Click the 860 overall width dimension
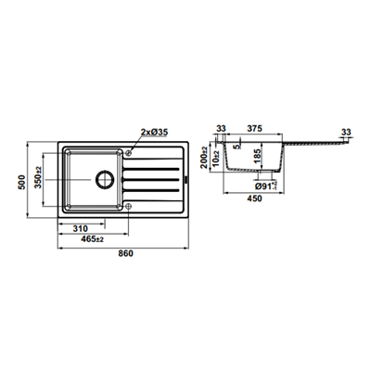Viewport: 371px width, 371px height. click(125, 253)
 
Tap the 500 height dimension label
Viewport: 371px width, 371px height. click(21, 182)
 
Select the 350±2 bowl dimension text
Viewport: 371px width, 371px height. click(38, 177)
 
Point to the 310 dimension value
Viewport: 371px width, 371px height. click(81, 229)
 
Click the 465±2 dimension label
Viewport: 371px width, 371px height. click(92, 239)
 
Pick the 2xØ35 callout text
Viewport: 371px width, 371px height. click(154, 133)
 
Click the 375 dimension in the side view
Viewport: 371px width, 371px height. click(255, 128)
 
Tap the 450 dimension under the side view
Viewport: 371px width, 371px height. click(255, 198)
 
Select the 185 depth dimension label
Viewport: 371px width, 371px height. click(257, 157)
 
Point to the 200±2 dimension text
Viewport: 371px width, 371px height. click(204, 158)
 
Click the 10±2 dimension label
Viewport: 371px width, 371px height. click(216, 159)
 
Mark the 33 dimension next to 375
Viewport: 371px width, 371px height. click(221, 128)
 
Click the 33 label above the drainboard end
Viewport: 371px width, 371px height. click(346, 133)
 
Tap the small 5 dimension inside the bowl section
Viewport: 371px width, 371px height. click(237, 147)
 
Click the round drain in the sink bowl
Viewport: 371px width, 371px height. click(105, 179)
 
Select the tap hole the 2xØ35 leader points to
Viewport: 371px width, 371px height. click(129, 152)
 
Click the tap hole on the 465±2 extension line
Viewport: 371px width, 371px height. click(129, 206)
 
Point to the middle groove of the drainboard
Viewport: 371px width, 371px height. click(151, 179)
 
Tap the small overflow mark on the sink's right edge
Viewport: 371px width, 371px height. click(186, 179)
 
